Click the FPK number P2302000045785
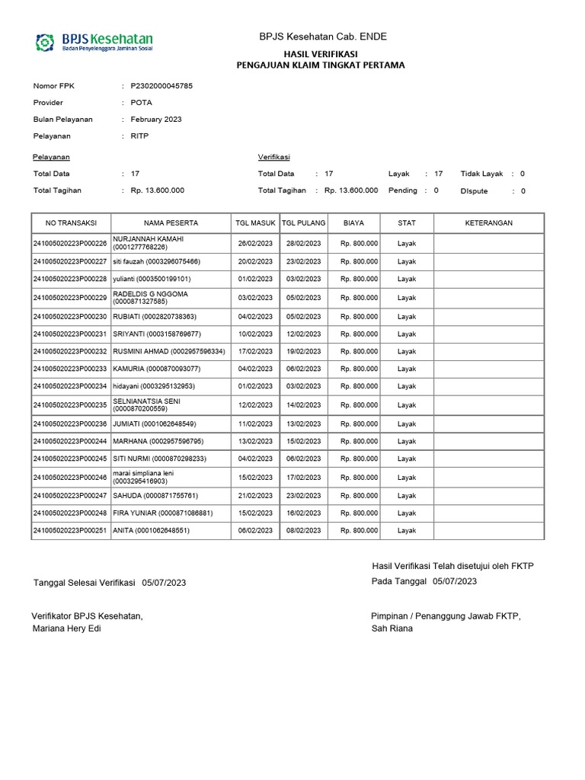[x=161, y=86]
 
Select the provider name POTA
[x=141, y=103]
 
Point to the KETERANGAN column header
[x=488, y=223]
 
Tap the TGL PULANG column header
[x=304, y=223]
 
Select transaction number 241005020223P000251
[x=70, y=530]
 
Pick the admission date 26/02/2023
[x=255, y=244]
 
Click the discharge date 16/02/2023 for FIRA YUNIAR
[x=304, y=513]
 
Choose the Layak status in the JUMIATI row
[x=407, y=424]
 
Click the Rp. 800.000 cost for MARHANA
[x=359, y=441]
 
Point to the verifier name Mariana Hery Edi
[x=66, y=628]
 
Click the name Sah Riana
[x=392, y=628]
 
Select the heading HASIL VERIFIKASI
[x=320, y=53]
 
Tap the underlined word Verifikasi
[x=273, y=157]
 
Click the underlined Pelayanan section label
[x=52, y=157]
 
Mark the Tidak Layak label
[x=481, y=174]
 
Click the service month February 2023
[x=156, y=120]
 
